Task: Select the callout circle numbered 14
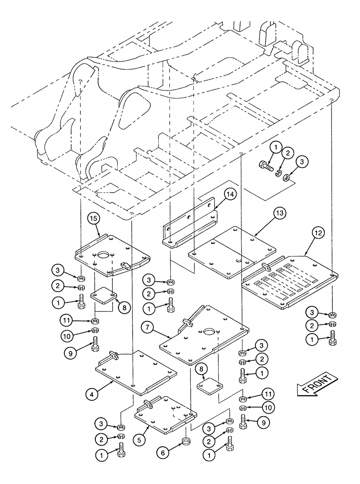tap(230, 195)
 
